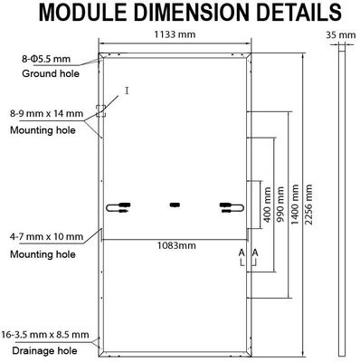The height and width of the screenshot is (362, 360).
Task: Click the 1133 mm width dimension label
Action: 175,34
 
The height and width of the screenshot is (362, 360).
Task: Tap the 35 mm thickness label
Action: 341,35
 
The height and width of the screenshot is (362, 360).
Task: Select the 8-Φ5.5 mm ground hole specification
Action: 46,59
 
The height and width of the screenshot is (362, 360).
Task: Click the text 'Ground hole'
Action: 51,73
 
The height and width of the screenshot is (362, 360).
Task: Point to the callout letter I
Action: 127,90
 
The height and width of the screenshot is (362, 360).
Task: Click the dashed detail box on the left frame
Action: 100,110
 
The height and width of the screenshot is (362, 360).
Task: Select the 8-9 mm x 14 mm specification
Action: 47,114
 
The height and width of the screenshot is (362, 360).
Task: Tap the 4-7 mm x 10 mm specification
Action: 47,236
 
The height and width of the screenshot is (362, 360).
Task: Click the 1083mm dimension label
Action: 176,245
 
